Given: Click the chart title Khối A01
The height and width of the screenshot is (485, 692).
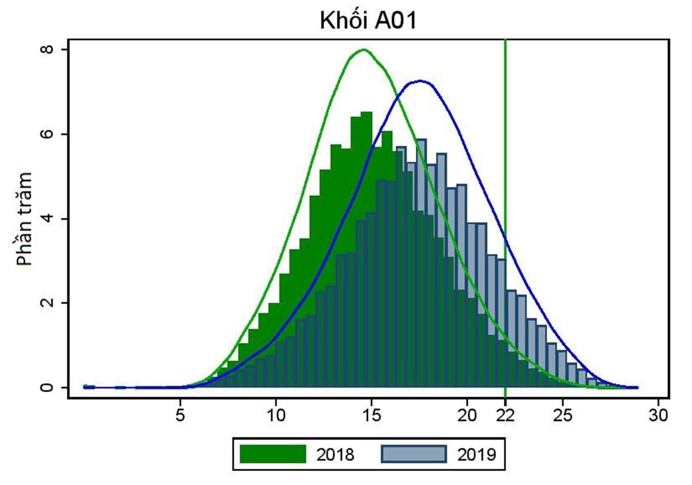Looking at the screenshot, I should tap(368, 21).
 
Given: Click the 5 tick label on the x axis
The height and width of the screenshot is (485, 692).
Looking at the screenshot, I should tap(180, 414).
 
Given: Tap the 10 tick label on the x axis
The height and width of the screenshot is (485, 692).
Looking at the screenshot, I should tap(276, 414).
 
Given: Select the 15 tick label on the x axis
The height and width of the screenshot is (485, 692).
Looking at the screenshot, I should tap(372, 414).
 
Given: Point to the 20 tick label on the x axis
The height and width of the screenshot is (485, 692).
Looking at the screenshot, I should tap(467, 414).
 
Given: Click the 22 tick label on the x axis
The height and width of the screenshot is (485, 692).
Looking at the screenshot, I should tap(506, 414).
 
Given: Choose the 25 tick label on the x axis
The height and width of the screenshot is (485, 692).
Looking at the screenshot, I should tap(563, 414).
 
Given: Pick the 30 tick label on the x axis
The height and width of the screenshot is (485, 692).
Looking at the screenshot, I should tap(659, 414).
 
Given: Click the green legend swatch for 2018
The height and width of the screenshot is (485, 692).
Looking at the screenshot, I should tap(273, 454).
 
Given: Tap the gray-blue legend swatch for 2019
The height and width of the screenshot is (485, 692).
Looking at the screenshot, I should tap(414, 454).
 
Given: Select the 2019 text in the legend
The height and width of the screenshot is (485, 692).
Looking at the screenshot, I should tap(477, 455).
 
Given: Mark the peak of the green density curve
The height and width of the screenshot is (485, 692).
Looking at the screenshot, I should tap(363, 50).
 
